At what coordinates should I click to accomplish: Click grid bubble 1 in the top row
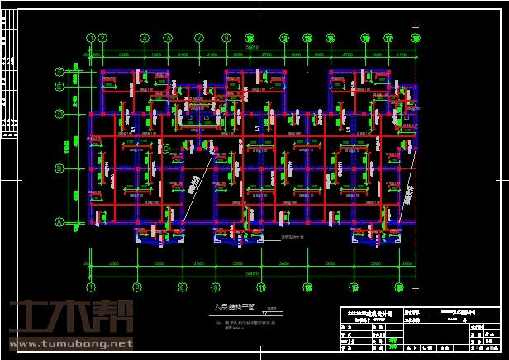point(90,37)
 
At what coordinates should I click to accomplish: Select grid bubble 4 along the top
point(144,37)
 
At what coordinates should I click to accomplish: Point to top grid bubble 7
point(199,37)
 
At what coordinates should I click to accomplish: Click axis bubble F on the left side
point(59,72)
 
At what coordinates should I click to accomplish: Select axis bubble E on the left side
point(59,86)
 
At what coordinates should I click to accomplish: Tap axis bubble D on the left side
point(59,113)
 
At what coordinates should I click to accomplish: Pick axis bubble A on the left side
point(59,221)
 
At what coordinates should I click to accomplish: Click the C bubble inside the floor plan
point(166,149)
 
